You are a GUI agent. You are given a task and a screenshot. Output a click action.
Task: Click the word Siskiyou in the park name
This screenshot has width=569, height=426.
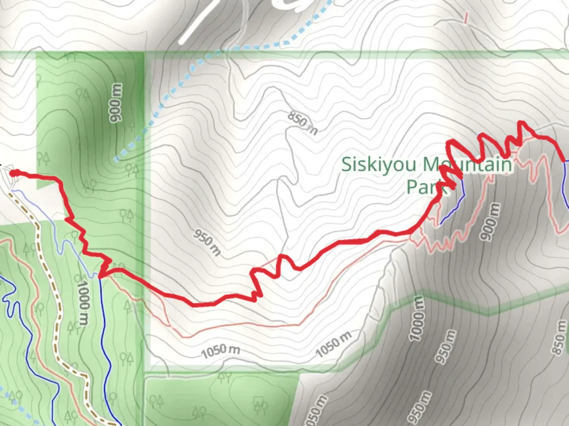tap(378, 164)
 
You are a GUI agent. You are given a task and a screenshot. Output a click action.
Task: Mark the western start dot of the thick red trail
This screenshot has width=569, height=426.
tap(13, 173)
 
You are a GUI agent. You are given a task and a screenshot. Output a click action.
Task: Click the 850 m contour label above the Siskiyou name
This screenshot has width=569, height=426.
tap(302, 123)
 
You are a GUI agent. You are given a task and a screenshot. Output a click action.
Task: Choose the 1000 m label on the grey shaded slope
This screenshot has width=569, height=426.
tap(417, 319)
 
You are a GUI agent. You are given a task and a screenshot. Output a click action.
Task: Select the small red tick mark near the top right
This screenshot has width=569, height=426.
tap(466, 18)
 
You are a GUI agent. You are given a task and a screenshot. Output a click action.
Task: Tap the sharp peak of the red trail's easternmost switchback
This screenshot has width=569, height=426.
tap(522, 123)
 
